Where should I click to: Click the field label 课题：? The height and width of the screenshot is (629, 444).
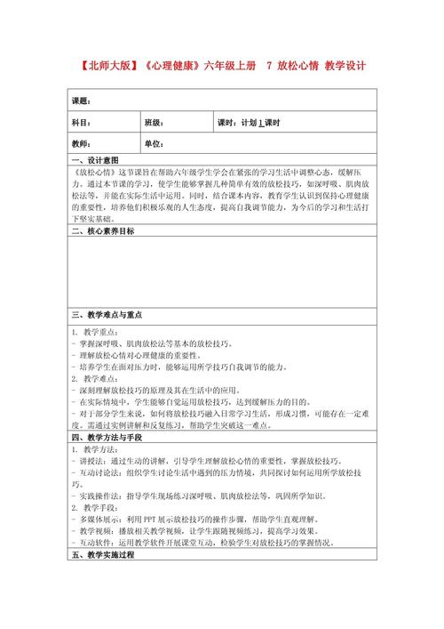[x=82, y=101]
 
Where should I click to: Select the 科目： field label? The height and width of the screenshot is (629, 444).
[x=82, y=122]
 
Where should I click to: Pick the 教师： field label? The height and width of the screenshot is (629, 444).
[x=82, y=143]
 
